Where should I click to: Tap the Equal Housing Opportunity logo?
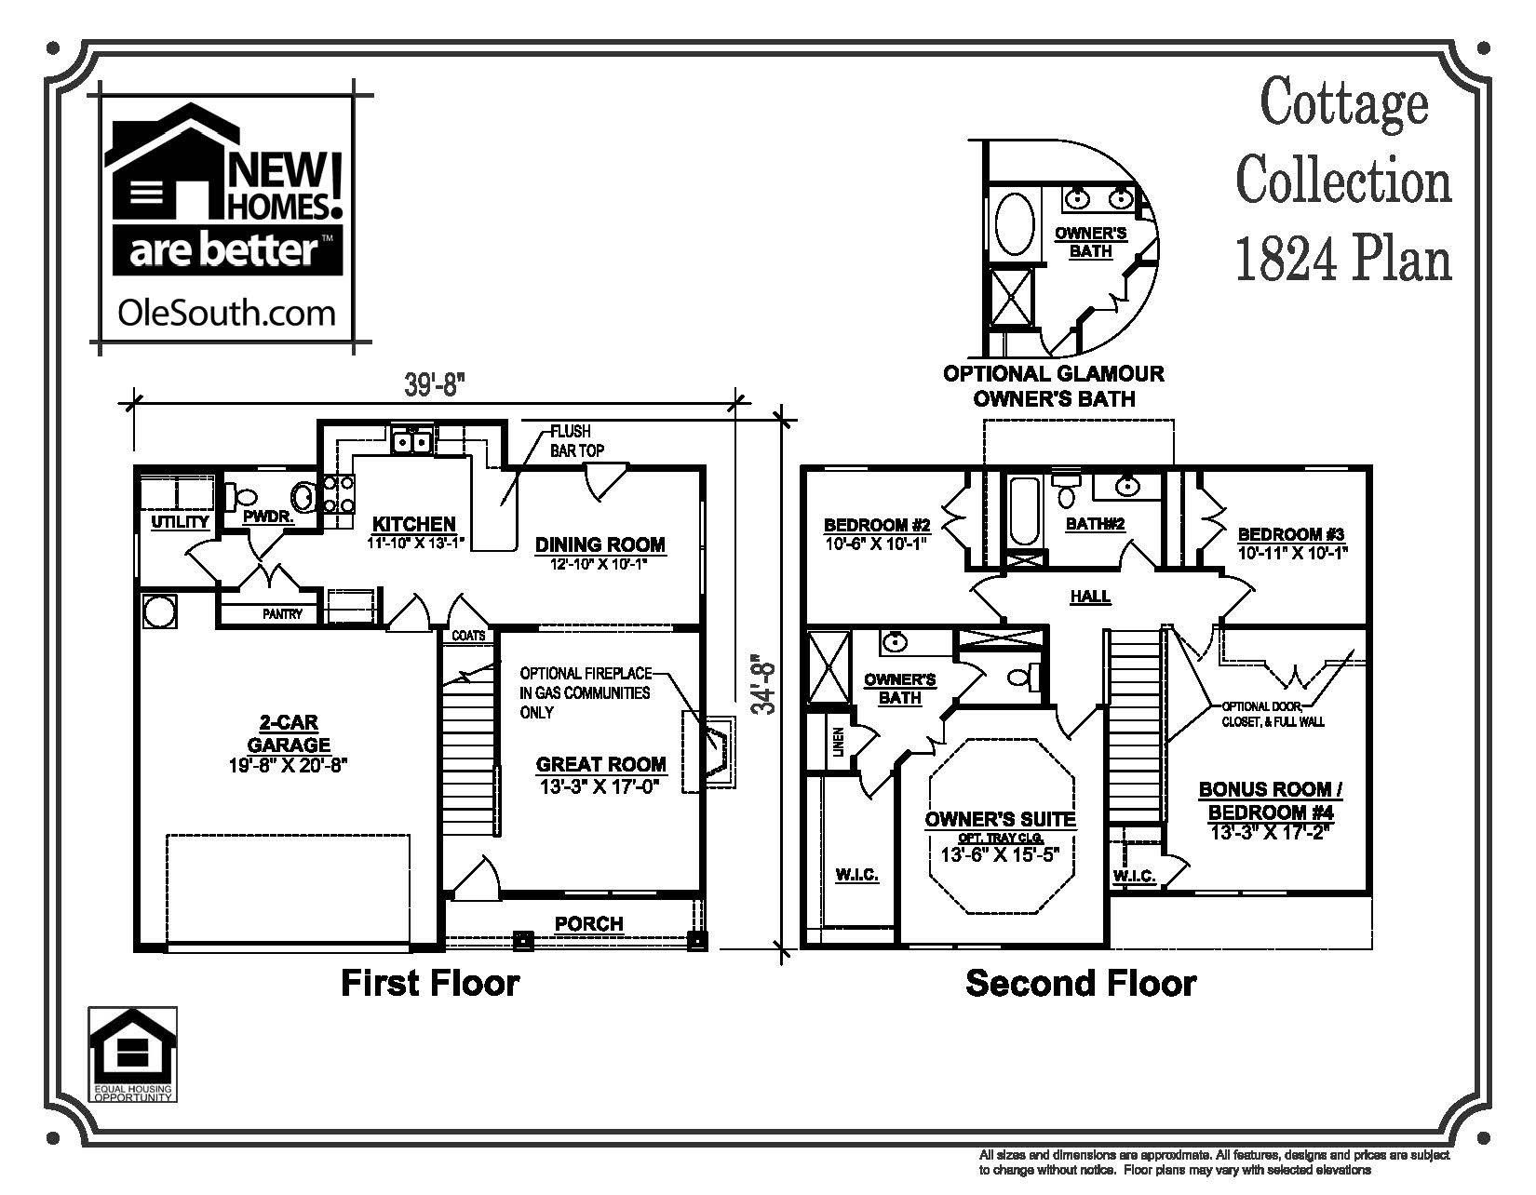click(132, 1054)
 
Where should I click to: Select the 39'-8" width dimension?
click(434, 386)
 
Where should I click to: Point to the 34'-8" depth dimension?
click(764, 683)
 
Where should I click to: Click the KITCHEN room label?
click(414, 525)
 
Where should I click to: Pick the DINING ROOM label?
click(600, 545)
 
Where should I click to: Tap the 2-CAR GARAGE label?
click(288, 733)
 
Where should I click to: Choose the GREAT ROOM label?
click(601, 765)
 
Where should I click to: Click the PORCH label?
click(588, 924)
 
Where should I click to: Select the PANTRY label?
click(281, 614)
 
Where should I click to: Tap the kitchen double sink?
click(411, 441)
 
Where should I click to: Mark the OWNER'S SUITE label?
click(1000, 820)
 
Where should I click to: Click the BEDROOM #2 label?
click(877, 523)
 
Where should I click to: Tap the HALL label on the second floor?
click(1090, 597)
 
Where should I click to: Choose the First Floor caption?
click(430, 983)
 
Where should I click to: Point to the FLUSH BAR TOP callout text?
click(576, 441)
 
